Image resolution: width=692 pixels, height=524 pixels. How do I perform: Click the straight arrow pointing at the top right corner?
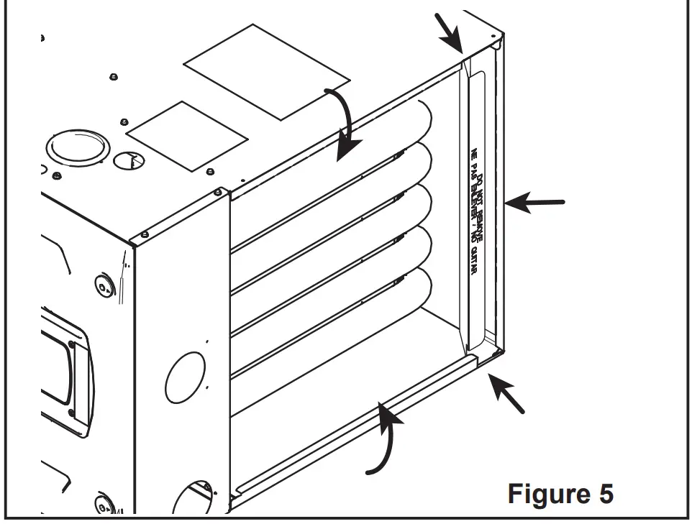tap(449, 32)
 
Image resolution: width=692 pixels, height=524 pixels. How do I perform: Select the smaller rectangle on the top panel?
tap(187, 136)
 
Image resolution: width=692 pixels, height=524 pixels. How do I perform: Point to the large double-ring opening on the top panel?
tap(77, 147)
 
